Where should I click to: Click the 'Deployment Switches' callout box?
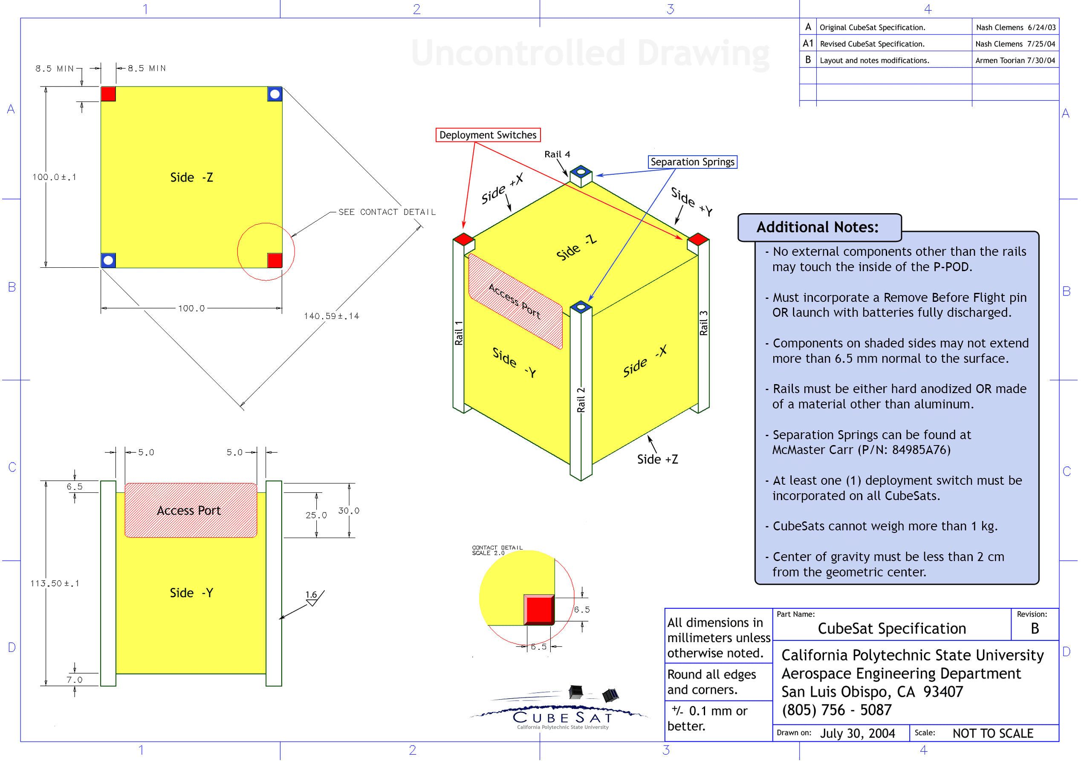[488, 135]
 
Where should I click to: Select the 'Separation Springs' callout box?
[692, 162]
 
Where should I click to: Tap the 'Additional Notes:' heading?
[817, 227]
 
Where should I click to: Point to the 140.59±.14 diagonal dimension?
[331, 316]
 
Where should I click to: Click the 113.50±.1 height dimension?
[55, 583]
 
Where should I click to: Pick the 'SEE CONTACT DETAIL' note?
[387, 212]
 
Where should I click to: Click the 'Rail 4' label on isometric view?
[557, 154]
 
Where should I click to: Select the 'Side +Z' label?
[657, 459]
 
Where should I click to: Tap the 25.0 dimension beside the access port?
[316, 515]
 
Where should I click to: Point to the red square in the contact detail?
[539, 610]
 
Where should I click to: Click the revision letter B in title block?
[1035, 628]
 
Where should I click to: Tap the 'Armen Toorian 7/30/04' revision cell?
[1015, 61]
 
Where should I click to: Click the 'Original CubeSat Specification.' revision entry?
[872, 27]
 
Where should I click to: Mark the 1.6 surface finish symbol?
[312, 598]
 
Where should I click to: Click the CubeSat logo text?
[562, 718]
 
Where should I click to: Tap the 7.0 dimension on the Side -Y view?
[74, 680]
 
